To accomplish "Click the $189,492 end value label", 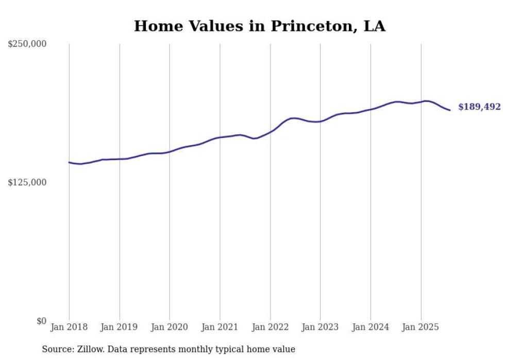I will click(479, 107).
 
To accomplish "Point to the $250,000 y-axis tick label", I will click(27, 44).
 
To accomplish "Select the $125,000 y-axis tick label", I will click(27, 182).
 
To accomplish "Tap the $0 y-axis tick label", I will click(41, 321).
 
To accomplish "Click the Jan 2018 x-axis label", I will click(69, 327).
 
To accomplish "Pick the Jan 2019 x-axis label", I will click(120, 327).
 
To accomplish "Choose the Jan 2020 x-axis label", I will click(170, 327).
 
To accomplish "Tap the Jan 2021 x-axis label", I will click(220, 327).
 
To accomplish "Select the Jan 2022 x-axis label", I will click(270, 327).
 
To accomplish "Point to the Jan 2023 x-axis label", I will click(321, 327).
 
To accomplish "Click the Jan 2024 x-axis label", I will click(371, 327).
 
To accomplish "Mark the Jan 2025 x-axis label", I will click(421, 327).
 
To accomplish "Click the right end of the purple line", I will click(450, 110).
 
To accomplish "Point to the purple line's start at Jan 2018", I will click(69, 162).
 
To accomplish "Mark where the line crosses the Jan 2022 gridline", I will click(270, 131).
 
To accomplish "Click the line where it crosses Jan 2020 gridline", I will click(170, 151).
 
